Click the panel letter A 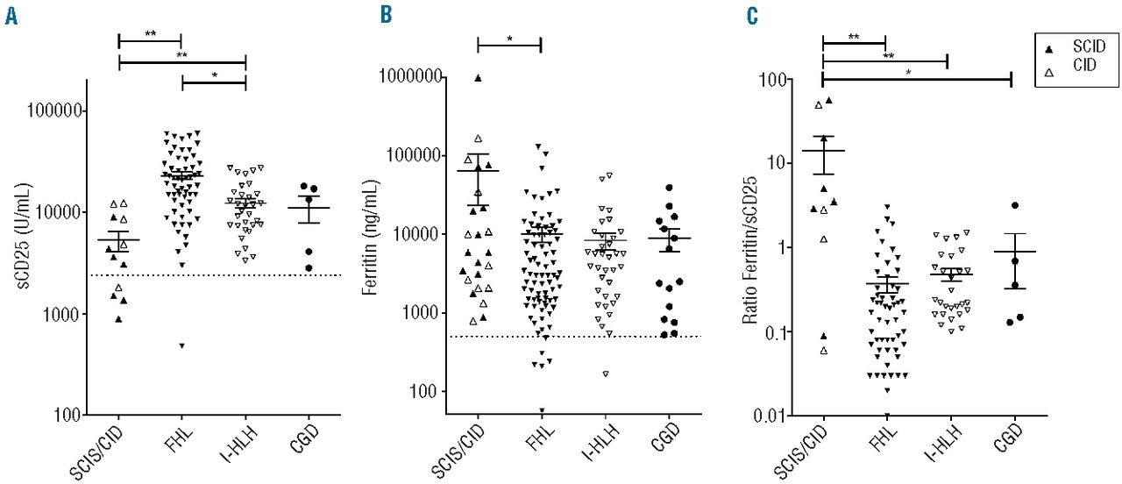pos(11,17)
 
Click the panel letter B pos(387,17)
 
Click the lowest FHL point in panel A pos(182,345)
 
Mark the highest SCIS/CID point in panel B pos(478,78)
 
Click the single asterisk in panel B pos(509,39)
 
